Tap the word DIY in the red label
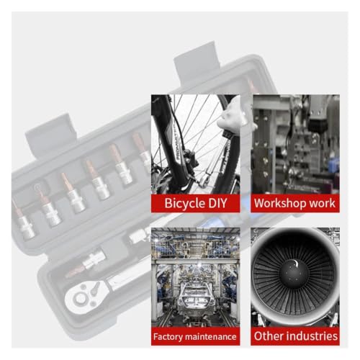(x=217, y=203)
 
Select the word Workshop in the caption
(x=280, y=204)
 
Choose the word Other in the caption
(x=269, y=336)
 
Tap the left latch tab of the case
(x=51, y=135)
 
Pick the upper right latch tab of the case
(x=197, y=63)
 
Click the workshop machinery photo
(x=295, y=144)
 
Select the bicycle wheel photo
(x=196, y=144)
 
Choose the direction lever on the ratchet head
(x=95, y=287)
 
